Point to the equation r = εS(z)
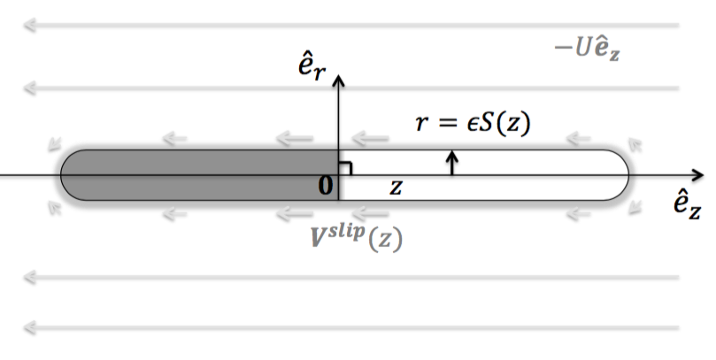click(x=473, y=124)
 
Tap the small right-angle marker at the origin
click(x=346, y=167)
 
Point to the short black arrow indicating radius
click(x=453, y=162)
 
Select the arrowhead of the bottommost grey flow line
click(x=29, y=328)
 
